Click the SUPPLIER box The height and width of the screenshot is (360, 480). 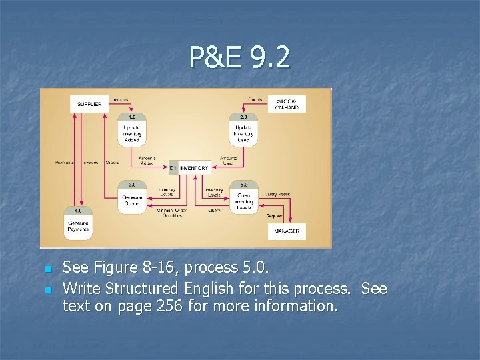point(89,104)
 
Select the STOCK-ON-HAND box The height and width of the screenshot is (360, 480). point(287,104)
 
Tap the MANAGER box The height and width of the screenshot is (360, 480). point(287,231)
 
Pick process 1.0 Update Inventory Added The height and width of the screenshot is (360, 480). point(131,131)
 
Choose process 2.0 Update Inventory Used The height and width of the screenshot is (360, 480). point(243,131)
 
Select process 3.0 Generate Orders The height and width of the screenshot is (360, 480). point(131,198)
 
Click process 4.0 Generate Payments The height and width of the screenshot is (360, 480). point(78,226)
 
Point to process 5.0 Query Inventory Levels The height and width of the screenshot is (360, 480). point(244,198)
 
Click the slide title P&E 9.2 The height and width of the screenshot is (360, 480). point(239,57)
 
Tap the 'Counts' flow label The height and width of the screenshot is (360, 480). point(255,99)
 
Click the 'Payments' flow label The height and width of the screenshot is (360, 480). point(65,162)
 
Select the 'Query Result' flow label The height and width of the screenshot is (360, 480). point(277,194)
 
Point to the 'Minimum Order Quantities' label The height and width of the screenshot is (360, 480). point(172,213)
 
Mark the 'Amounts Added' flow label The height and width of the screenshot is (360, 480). point(147,161)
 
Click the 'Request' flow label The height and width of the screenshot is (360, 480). point(273,215)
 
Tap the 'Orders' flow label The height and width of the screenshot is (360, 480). point(112,162)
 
